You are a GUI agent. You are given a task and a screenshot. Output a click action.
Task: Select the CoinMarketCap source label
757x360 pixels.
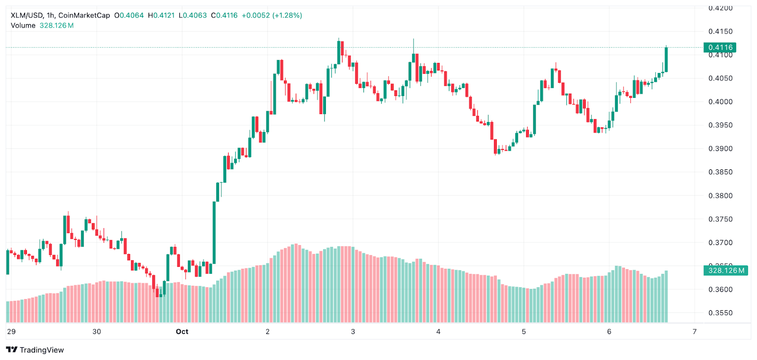pyautogui.click(x=84, y=15)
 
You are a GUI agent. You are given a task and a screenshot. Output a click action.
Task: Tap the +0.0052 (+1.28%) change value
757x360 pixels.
pyautogui.click(x=272, y=15)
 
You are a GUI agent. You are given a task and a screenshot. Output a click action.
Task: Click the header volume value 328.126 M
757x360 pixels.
pyautogui.click(x=56, y=26)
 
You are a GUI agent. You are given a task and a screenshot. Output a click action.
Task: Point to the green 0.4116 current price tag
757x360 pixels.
pyautogui.click(x=720, y=47)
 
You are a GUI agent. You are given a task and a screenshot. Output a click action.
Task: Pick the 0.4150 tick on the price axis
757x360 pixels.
pyautogui.click(x=720, y=32)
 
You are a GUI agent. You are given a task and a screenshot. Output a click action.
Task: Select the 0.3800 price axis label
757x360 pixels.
pyautogui.click(x=720, y=196)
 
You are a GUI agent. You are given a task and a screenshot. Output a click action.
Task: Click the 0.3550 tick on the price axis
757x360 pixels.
pyautogui.click(x=720, y=313)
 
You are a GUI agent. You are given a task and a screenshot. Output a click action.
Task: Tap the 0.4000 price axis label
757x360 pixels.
pyautogui.click(x=720, y=102)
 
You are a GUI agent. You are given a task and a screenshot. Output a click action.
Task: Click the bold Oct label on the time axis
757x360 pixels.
pyautogui.click(x=182, y=332)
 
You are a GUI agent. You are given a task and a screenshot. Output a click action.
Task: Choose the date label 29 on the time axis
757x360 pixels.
pyautogui.click(x=11, y=332)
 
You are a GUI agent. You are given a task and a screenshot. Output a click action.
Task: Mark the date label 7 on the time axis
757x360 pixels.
pyautogui.click(x=695, y=332)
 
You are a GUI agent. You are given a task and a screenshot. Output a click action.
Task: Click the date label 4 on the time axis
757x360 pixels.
pyautogui.click(x=438, y=332)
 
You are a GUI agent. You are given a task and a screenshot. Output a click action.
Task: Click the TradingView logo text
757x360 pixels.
pyautogui.click(x=42, y=350)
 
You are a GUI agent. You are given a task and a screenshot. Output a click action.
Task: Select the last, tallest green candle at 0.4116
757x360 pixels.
pyautogui.click(x=666, y=60)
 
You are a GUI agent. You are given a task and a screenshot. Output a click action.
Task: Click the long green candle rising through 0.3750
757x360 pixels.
pyautogui.click(x=214, y=232)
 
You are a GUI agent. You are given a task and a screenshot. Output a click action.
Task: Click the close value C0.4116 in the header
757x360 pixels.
pyautogui.click(x=224, y=15)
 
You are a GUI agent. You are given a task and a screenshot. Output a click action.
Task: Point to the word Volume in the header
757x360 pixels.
pyautogui.click(x=23, y=26)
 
